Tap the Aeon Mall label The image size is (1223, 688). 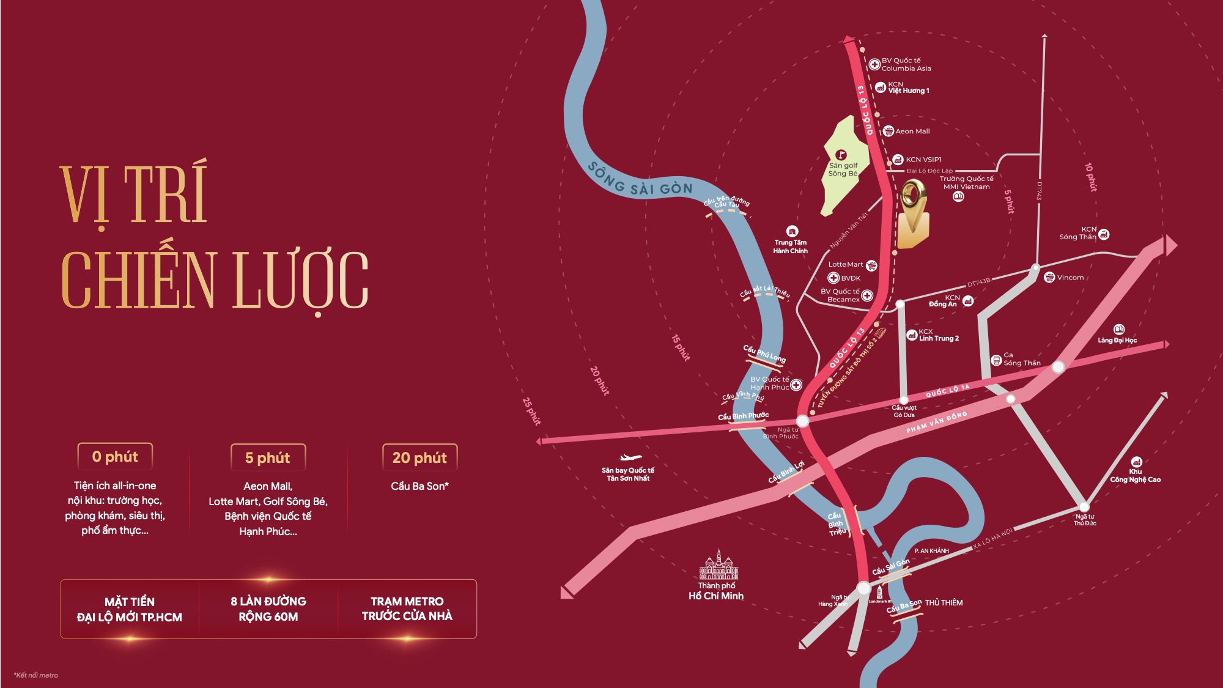pyautogui.click(x=912, y=131)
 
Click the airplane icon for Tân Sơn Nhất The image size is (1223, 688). pyautogui.click(x=629, y=457)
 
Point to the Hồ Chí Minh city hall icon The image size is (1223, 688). pyautogui.click(x=719, y=565)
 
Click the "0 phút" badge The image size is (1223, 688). pyautogui.click(x=115, y=457)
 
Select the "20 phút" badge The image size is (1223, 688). pyautogui.click(x=419, y=457)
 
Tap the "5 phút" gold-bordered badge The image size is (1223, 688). pyautogui.click(x=267, y=457)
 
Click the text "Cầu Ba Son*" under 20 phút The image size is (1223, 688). pyautogui.click(x=419, y=486)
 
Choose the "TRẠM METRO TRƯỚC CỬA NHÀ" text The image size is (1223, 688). pyautogui.click(x=407, y=608)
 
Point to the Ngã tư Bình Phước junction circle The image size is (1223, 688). pyautogui.click(x=802, y=421)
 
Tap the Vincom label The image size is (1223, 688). pyautogui.click(x=1070, y=278)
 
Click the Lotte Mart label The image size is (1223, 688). pyautogui.click(x=846, y=265)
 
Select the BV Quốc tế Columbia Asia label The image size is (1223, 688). pyautogui.click(x=906, y=64)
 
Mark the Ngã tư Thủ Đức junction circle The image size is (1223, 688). pyautogui.click(x=1084, y=507)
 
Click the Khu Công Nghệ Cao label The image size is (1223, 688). pyautogui.click(x=1135, y=476)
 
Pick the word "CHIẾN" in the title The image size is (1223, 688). pyautogui.click(x=139, y=280)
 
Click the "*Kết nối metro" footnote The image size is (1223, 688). pyautogui.click(x=36, y=675)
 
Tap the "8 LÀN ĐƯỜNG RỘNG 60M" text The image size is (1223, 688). pyautogui.click(x=268, y=608)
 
